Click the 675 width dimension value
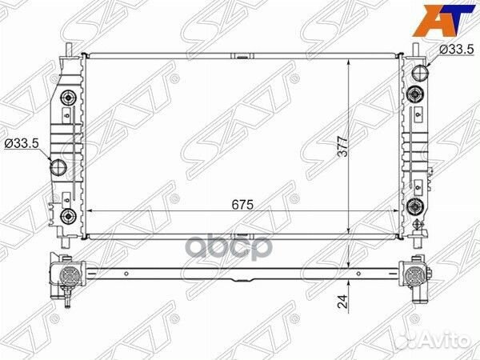tap(242, 205)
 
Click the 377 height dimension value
tap(343, 146)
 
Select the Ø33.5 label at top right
tap(457, 49)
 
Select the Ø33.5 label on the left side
tap(22, 143)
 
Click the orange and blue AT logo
tap(443, 21)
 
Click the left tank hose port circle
tap(58, 167)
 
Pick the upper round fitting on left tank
tap(68, 98)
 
